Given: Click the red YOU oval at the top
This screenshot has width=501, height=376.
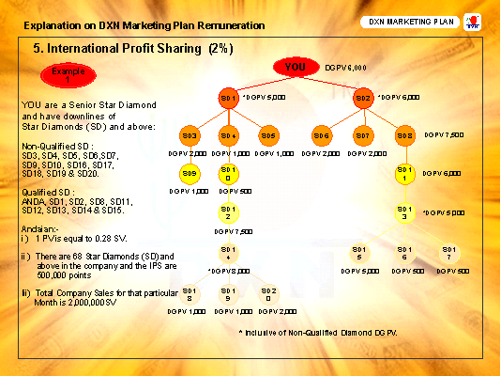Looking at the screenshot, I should click(x=296, y=68).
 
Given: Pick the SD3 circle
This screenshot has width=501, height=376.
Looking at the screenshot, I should click(x=188, y=135).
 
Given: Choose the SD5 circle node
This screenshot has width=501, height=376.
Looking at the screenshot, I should click(x=269, y=135).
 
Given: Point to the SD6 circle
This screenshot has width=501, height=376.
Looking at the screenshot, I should click(x=322, y=135).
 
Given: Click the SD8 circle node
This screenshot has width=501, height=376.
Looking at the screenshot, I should click(x=404, y=135).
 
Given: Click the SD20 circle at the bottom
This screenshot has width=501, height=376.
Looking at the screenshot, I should click(x=269, y=294).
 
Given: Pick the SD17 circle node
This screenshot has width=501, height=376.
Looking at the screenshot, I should click(x=449, y=253).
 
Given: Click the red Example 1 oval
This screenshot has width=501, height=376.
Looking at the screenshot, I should click(x=61, y=75).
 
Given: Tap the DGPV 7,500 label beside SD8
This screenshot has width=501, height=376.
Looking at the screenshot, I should click(x=444, y=135).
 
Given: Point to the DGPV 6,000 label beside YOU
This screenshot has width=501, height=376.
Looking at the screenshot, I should click(x=346, y=68).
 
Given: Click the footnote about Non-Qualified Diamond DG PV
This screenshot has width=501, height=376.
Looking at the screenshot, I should click(x=318, y=334).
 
